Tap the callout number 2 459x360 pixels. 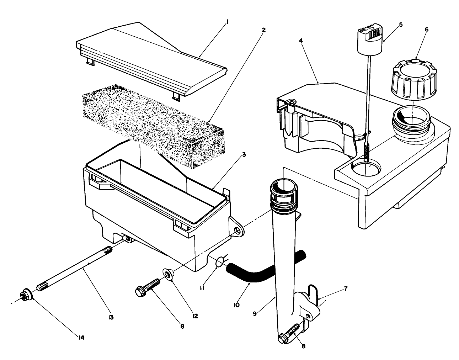263,30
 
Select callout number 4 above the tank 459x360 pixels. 301,41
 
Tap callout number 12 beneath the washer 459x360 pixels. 195,316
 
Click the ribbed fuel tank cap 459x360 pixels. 413,79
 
